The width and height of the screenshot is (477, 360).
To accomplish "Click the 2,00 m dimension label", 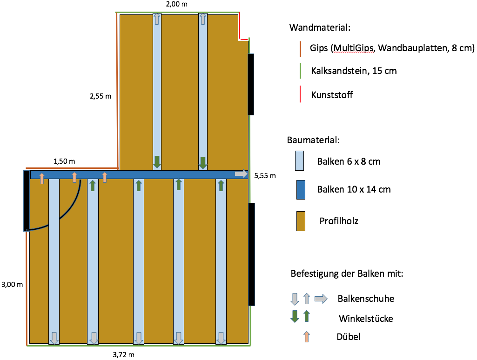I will tap(177, 4).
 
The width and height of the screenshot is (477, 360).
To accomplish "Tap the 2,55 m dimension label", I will tap(101, 97).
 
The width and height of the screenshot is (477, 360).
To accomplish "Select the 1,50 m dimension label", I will tap(65, 161).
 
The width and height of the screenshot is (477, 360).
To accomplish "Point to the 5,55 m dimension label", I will tap(265, 176).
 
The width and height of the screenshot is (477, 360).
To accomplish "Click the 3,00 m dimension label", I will tap(12, 284).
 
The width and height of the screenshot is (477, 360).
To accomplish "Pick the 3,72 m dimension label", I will tap(124, 354).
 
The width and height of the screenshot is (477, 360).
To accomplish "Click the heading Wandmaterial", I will tap(319, 27).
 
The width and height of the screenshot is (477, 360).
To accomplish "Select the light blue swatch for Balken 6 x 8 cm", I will tap(301, 161).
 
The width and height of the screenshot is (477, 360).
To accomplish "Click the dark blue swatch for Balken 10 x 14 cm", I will tap(301, 189).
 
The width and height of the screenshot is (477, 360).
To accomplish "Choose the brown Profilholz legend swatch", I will tap(301, 220).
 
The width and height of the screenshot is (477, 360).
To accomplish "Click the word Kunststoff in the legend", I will tap(332, 95).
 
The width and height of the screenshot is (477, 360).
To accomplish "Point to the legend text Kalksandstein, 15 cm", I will tap(354, 71).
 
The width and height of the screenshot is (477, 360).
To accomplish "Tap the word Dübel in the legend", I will tap(349, 337).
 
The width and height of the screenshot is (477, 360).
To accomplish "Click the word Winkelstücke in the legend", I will tap(366, 319).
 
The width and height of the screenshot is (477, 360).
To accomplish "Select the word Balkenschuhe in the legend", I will tap(366, 298).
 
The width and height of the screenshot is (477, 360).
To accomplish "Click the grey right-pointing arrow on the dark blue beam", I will tap(241, 173).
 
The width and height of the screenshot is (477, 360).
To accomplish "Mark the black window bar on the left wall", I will tap(27, 200).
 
